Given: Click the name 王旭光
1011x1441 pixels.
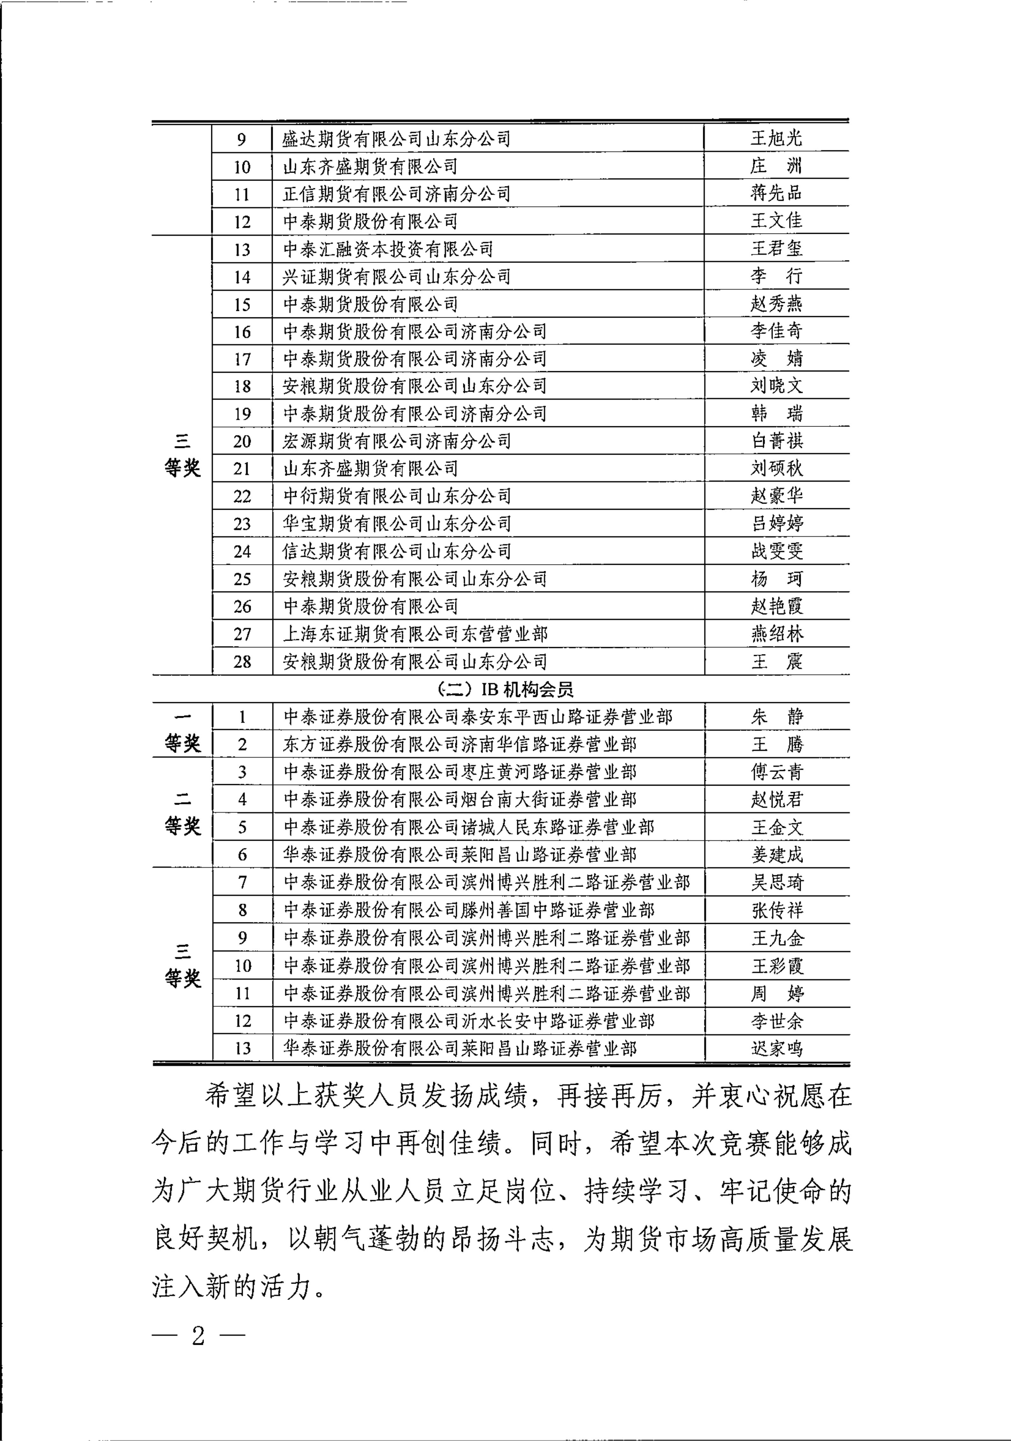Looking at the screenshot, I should tap(776, 138).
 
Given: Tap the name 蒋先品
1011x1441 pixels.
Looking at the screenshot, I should tap(776, 193).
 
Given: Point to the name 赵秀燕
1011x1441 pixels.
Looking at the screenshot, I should tap(776, 304).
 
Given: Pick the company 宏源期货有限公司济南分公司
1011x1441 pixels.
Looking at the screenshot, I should tap(397, 441).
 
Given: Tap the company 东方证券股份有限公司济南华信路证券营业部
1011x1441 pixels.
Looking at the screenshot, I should tap(459, 744).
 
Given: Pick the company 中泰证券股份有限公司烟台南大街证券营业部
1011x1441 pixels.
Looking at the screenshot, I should tap(459, 800).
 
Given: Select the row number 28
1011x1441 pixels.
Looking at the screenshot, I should tap(242, 661).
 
